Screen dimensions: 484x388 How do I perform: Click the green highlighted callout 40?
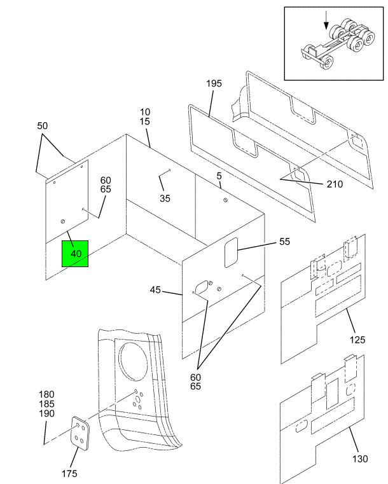coord(74,253)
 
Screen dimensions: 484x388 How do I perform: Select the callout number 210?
coord(335,184)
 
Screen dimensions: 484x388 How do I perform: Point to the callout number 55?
coord(284,242)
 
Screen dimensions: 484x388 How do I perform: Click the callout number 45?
coord(155,290)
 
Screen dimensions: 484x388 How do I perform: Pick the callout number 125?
coord(357,340)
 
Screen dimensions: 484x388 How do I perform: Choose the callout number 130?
coord(360,459)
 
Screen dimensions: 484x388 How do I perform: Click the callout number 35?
coord(165,198)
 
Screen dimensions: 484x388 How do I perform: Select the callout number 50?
coord(42,126)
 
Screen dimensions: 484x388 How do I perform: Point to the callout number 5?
coord(219,176)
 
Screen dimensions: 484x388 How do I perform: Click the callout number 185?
coord(47,404)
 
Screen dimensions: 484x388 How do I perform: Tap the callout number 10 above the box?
coord(145,112)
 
